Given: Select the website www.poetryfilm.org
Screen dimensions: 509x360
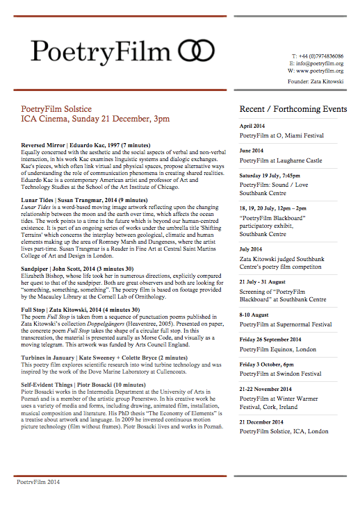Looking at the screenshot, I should [325, 71].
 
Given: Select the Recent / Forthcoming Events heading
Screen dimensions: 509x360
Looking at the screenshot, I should [293, 110].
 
